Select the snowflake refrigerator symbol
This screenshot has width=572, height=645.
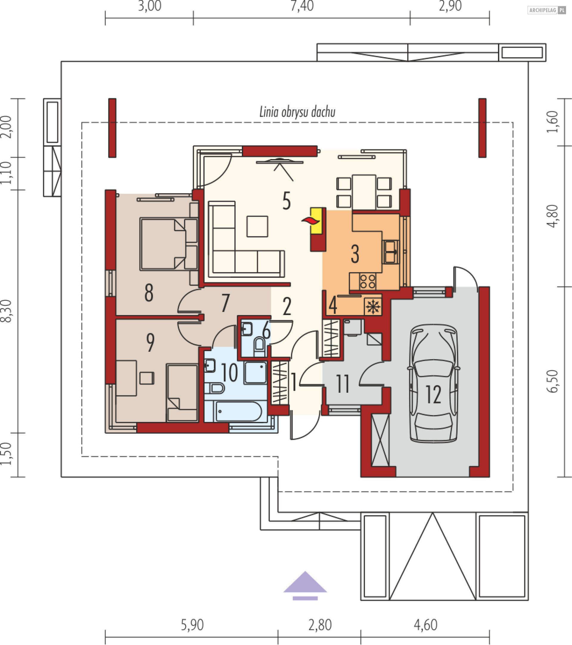click(373, 306)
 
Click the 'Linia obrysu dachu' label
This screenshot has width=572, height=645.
click(297, 112)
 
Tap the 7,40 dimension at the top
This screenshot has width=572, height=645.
click(302, 6)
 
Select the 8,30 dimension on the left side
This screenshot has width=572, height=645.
click(6, 311)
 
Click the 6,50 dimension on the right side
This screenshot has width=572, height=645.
click(552, 381)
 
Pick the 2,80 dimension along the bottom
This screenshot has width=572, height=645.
click(320, 625)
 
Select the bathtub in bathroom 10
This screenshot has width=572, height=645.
click(238, 411)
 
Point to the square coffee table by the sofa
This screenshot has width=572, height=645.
click(257, 226)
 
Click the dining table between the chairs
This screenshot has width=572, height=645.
click(364, 192)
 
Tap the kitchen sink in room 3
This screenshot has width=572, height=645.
click(391, 252)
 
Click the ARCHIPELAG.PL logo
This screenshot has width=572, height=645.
click(546, 10)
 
